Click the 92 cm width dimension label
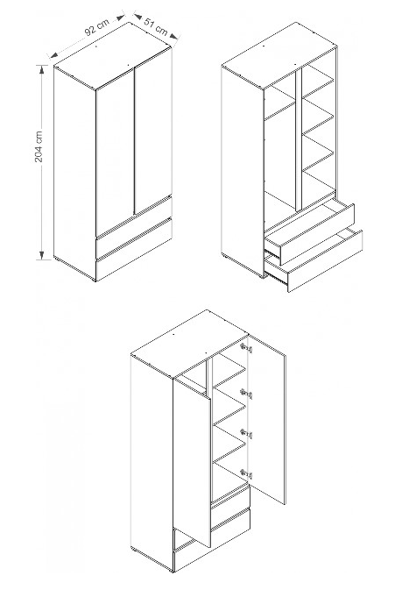tap(96, 26)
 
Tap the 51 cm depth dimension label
tap(156, 25)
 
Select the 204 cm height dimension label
tap(39, 146)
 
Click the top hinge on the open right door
tap(246, 348)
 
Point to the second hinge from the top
tap(246, 394)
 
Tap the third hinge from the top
tap(246, 433)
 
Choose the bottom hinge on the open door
tap(246, 473)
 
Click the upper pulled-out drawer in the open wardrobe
tap(310, 233)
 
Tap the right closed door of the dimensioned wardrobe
tap(153, 130)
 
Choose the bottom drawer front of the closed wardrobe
tap(134, 251)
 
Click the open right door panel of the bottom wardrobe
tap(267, 419)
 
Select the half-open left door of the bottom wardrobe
tap(192, 463)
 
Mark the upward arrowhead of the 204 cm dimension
tap(42, 69)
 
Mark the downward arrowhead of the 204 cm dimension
tap(42, 255)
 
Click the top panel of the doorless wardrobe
tap(279, 56)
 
